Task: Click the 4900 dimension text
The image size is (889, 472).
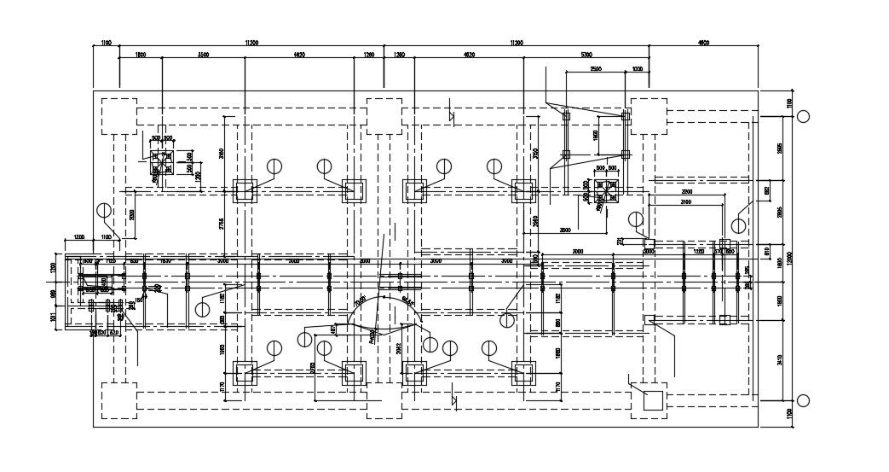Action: [x=703, y=42]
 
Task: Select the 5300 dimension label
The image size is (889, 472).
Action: [x=586, y=55]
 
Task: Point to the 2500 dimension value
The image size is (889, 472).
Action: [x=595, y=68]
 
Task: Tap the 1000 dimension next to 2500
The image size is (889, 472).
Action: [x=637, y=68]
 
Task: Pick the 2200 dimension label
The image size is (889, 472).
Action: [x=686, y=191]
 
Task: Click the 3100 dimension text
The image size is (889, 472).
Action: [x=686, y=202]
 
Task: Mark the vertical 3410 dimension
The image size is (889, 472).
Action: [x=780, y=359]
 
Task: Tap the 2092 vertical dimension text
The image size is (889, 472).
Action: [x=398, y=345]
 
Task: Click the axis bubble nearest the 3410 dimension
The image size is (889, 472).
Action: [x=802, y=401]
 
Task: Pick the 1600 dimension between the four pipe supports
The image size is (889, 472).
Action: [x=595, y=134]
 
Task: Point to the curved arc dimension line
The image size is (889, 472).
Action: [x=384, y=303]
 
